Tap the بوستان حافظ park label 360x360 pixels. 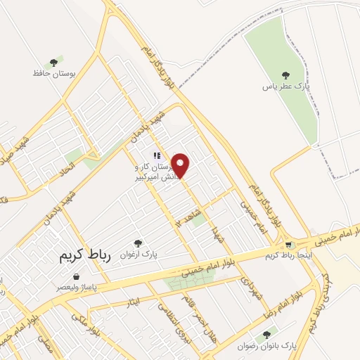click(53, 73)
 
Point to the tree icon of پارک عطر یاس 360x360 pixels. click(285, 75)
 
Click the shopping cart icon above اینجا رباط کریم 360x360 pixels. click(289, 245)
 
